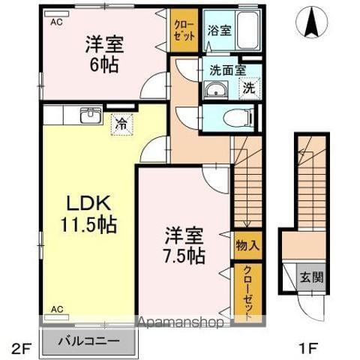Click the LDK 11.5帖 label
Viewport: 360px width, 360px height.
(88, 214)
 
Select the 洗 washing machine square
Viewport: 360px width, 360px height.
(249, 88)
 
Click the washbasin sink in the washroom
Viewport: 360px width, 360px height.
(214, 91)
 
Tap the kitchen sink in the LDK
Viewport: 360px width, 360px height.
(90, 116)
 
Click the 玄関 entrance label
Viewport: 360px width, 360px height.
(313, 278)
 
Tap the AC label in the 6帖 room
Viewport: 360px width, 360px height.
(56, 22)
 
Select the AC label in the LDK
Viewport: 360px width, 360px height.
(56, 308)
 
